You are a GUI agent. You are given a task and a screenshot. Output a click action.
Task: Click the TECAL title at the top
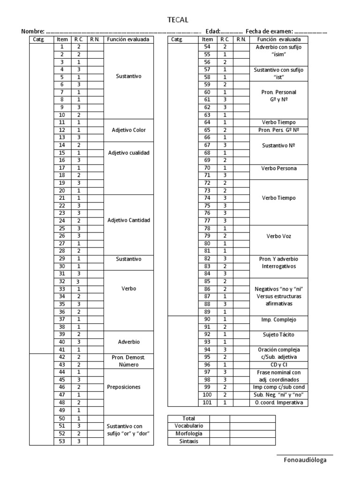tap(178, 20)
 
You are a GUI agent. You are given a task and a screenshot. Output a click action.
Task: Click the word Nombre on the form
tap(33, 31)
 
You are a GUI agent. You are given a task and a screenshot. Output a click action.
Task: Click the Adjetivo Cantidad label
tap(128, 220)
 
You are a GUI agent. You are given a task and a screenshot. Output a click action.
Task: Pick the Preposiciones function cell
tap(124, 387)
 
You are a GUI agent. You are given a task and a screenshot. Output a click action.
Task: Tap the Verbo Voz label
tap(279, 236)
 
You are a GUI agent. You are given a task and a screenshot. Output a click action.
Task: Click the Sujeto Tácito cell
tap(279, 335)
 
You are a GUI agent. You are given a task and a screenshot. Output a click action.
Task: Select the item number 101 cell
tap(208, 403)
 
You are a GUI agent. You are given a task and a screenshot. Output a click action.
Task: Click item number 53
tap(62, 441)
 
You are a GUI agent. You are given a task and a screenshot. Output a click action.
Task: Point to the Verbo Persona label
tap(279, 168)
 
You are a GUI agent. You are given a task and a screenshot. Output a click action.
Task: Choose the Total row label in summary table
tap(188, 418)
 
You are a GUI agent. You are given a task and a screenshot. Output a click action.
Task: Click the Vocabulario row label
tap(188, 426)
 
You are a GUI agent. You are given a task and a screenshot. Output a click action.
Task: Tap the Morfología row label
tap(188, 433)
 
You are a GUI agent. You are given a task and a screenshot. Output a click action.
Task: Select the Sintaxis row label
tap(188, 441)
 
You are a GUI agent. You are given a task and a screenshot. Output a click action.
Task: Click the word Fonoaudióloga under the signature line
tap(305, 460)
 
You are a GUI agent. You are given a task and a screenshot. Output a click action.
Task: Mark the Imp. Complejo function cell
tap(279, 320)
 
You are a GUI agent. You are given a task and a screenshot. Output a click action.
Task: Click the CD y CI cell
tap(279, 365)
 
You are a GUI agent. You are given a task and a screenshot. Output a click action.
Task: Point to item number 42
tap(62, 357)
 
